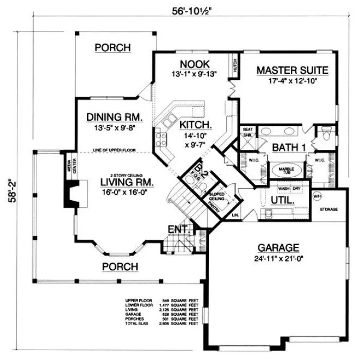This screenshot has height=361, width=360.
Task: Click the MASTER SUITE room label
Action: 292,70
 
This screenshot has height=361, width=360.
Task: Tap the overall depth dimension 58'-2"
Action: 9,191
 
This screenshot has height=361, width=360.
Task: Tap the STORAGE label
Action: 329,209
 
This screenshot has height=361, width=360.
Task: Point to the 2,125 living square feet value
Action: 163,308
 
